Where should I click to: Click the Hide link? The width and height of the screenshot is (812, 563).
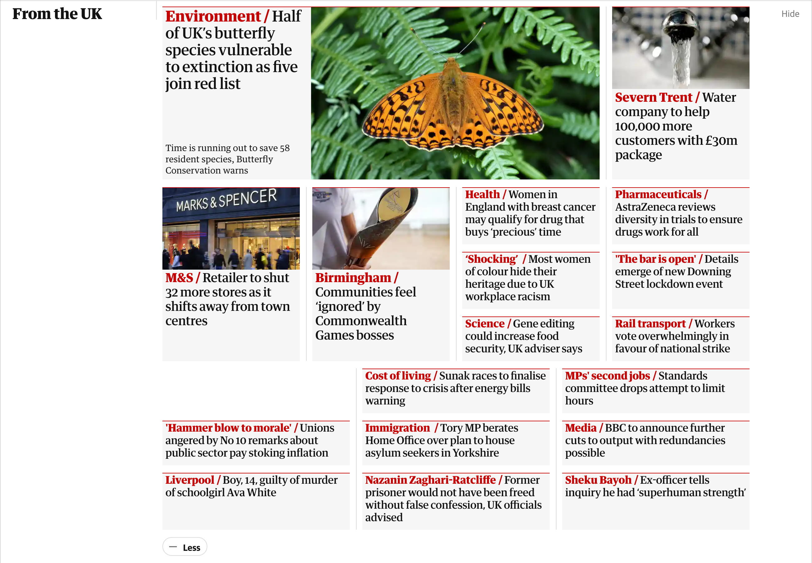(790, 14)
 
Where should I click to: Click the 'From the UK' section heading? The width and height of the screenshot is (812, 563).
(57, 14)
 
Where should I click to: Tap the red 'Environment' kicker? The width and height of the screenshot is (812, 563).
(213, 16)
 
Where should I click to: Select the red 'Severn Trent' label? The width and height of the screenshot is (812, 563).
(653, 97)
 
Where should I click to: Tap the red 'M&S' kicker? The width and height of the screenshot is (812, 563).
(179, 278)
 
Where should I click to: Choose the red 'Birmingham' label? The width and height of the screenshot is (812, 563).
(353, 278)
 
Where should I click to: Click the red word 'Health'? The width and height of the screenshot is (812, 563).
(482, 194)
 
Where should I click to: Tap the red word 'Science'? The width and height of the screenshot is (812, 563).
(484, 324)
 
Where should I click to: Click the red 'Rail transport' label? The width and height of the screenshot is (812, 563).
(650, 324)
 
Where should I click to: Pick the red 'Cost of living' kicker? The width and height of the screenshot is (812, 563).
(398, 376)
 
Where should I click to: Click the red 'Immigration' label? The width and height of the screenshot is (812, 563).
(397, 428)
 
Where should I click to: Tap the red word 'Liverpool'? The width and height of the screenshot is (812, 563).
(190, 480)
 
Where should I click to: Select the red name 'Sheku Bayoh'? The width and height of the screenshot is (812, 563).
(598, 480)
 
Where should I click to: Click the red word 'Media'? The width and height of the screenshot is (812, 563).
(580, 428)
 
